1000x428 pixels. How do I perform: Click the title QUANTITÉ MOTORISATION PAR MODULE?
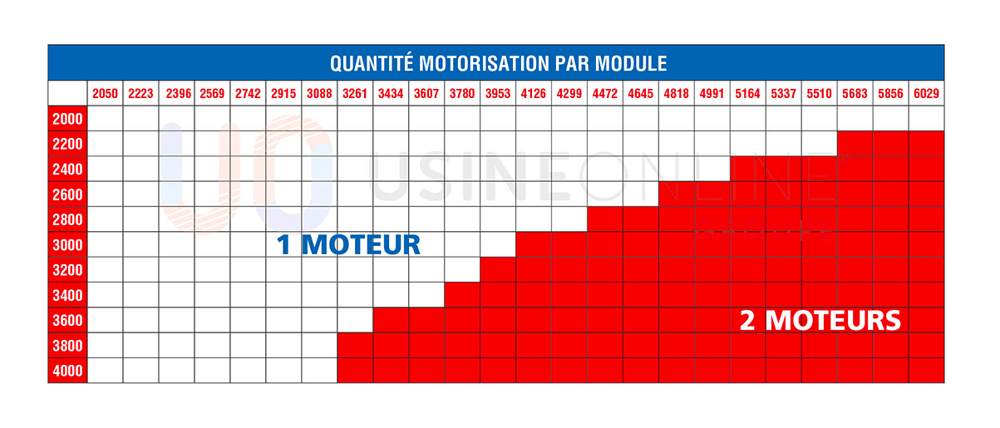[x=498, y=63]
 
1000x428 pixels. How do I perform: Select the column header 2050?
[x=105, y=94]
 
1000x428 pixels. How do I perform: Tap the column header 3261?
[x=355, y=94]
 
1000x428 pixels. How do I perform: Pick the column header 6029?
[x=926, y=94]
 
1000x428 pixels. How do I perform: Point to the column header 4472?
[x=605, y=94]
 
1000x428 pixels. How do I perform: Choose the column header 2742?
[x=248, y=94]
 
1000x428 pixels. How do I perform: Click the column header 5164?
[x=747, y=94]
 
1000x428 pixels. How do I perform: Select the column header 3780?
[x=462, y=94]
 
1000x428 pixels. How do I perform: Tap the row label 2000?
[x=67, y=119]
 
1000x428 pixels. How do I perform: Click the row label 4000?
[x=67, y=371]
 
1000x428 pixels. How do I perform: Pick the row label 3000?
[x=67, y=245]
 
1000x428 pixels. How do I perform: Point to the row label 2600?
[x=67, y=194]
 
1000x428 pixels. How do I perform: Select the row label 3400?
[x=67, y=295]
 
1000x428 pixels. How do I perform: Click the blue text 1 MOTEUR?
[x=348, y=245]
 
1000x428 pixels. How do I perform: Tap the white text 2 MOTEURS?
[x=820, y=320]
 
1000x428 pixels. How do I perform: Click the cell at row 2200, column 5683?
[x=855, y=144]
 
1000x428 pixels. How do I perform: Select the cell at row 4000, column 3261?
[x=355, y=371]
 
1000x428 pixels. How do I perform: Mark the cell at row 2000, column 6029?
[x=926, y=119]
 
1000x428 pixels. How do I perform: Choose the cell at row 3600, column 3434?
[x=391, y=320]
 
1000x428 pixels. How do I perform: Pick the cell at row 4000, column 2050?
[x=105, y=371]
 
